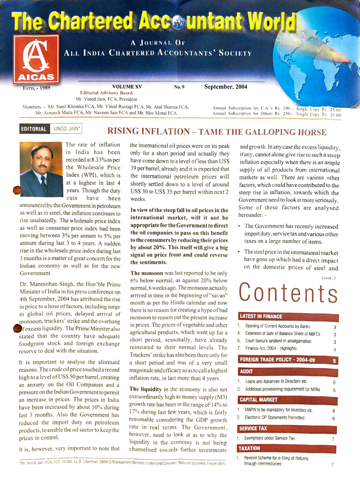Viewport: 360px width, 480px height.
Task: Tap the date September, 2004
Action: click(225, 86)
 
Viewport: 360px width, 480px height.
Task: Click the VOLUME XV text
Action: click(131, 86)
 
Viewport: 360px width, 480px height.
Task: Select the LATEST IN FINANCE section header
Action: click(261, 316)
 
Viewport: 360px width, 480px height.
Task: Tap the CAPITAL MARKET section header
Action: click(259, 399)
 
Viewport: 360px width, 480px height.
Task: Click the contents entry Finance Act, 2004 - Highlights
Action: click(274, 349)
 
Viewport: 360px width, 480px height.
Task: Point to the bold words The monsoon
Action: click(147, 273)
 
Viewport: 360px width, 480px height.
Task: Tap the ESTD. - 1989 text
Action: click(36, 87)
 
